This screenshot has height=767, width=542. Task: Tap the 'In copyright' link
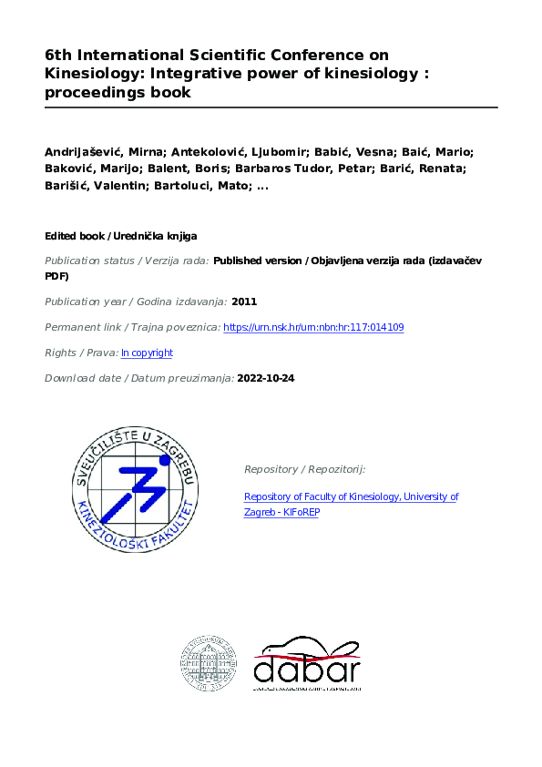[x=147, y=353]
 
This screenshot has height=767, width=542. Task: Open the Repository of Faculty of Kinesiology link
[x=351, y=504]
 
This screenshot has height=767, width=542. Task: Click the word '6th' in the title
[x=58, y=56]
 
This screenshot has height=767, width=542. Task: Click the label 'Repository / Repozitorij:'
[x=304, y=469]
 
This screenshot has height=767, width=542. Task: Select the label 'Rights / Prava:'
[x=80, y=353]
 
